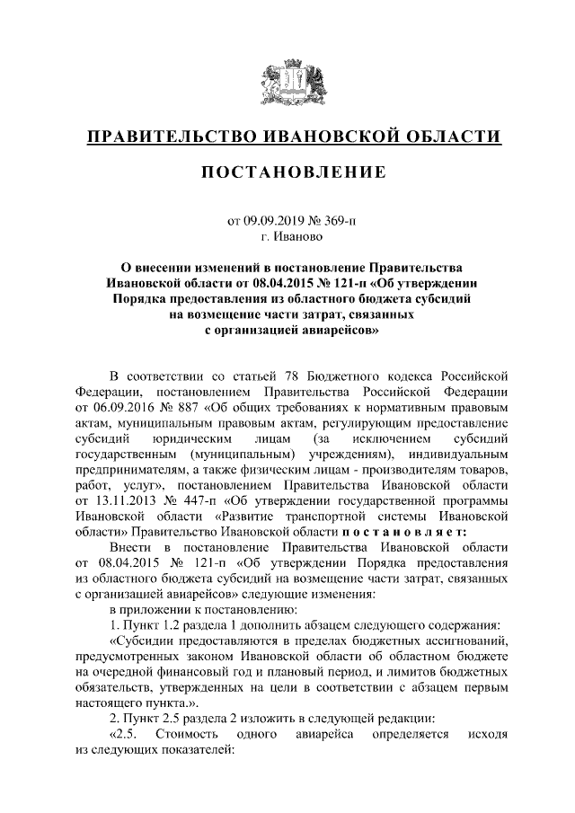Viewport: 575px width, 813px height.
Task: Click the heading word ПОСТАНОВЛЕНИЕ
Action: (x=287, y=172)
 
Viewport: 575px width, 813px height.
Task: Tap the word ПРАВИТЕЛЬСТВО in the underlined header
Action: (x=170, y=137)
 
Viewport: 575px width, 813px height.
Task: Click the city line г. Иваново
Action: (x=287, y=236)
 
